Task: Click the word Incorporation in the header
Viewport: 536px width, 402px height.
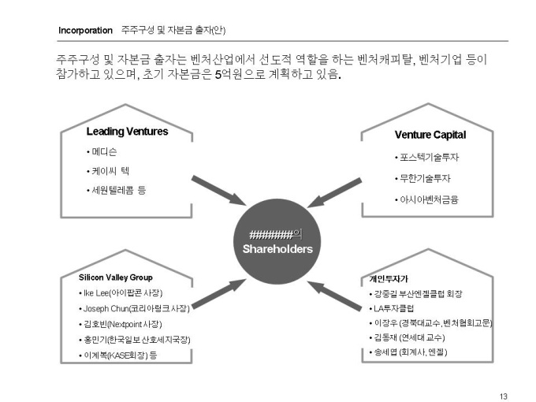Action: pos(85,31)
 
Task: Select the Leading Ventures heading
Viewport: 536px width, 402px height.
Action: pos(127,132)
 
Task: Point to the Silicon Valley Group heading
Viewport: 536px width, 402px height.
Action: pos(116,277)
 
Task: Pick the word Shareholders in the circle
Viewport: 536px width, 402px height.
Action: pos(277,249)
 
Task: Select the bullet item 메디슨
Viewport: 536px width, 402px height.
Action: pos(105,151)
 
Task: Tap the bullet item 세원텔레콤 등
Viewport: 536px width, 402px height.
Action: pos(118,190)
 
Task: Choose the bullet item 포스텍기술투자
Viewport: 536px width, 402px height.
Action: pos(430,158)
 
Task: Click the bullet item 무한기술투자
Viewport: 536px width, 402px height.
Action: pos(425,178)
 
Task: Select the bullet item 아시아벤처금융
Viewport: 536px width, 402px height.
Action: pos(430,199)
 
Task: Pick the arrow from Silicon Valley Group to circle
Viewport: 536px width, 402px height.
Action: pos(217,291)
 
